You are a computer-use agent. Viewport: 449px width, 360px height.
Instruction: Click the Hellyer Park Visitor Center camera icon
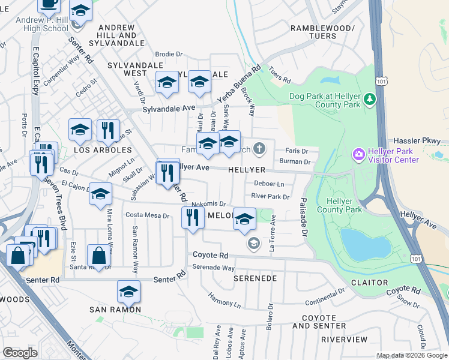[358, 155]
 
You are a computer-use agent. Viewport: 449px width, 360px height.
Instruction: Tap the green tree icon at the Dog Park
[370, 99]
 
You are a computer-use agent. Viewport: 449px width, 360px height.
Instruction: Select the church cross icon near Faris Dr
[259, 148]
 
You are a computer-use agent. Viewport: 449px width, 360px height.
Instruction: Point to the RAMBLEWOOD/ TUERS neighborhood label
[322, 32]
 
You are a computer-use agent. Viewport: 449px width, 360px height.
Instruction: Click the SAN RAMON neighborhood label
[115, 310]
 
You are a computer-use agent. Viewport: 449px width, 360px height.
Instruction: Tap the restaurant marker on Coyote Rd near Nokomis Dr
[192, 217]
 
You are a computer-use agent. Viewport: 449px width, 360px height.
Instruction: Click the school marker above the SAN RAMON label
[128, 291]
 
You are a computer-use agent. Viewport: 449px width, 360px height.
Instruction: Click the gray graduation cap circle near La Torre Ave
[254, 243]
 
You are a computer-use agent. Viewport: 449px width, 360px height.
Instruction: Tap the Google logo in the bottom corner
[20, 353]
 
